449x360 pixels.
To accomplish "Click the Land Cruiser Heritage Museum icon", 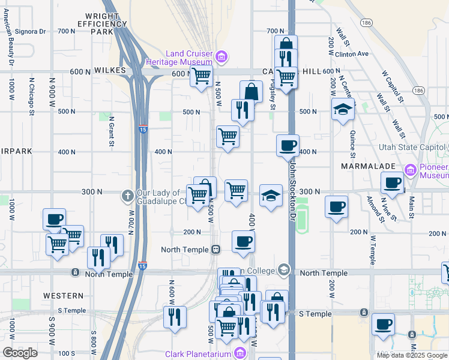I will [221, 57].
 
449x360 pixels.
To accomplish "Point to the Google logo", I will [20, 353].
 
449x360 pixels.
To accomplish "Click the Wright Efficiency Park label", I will [101, 24].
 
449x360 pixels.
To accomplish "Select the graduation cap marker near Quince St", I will [343, 110].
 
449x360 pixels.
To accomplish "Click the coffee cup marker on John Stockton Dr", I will [288, 145].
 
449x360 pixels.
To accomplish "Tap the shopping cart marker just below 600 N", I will [201, 76].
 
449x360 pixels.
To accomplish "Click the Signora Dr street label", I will [30, 31].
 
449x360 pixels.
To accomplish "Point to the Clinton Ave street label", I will [352, 53].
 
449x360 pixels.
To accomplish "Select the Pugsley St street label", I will [272, 94].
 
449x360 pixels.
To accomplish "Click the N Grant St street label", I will [111, 131].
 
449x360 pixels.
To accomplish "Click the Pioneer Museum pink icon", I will [411, 170].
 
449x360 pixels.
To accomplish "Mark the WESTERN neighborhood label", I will [64, 296].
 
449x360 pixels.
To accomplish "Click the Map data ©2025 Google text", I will [411, 355].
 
